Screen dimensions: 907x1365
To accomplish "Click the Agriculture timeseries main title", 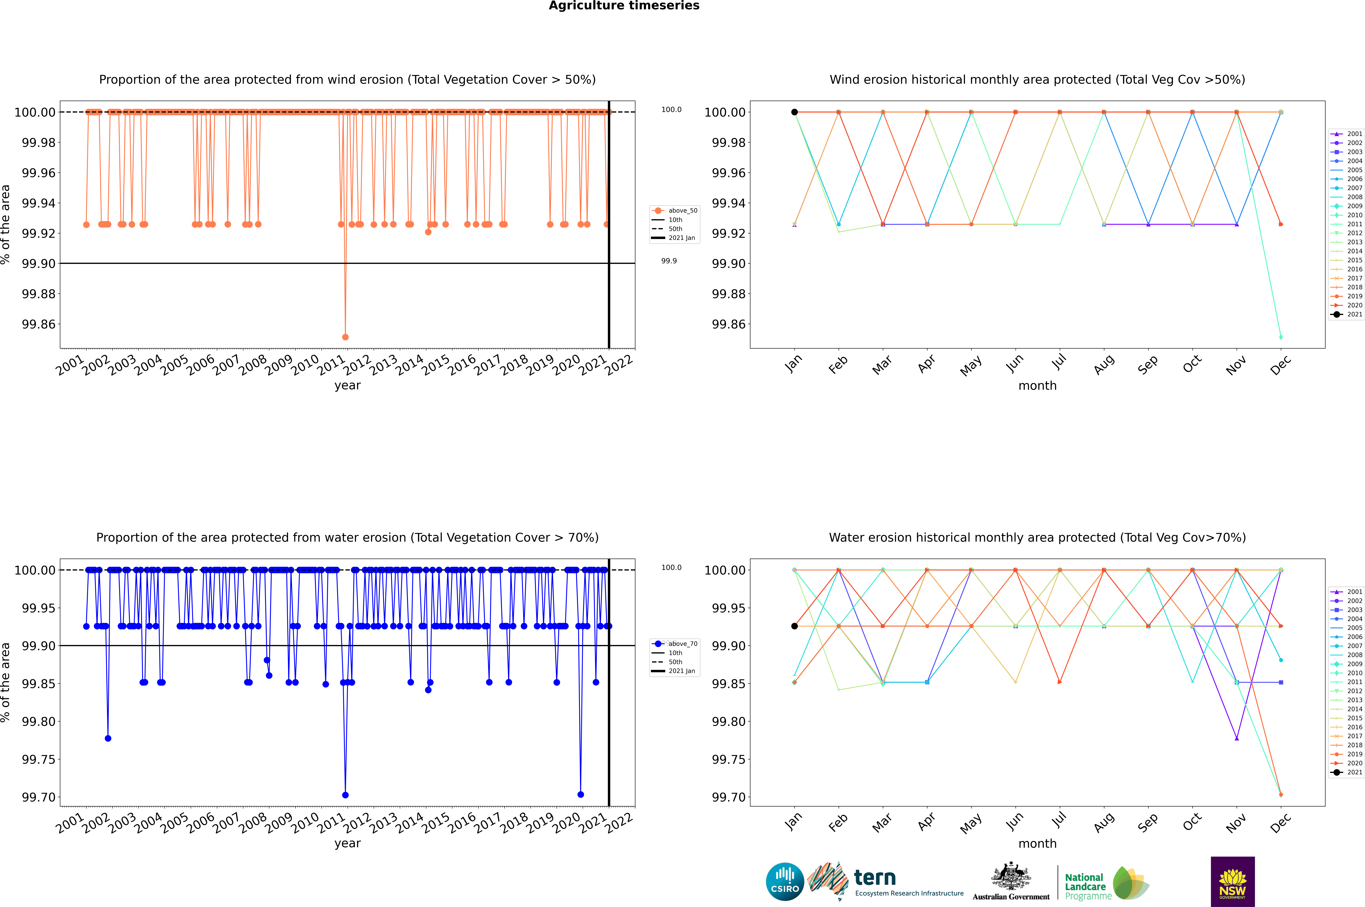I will coord(624,6).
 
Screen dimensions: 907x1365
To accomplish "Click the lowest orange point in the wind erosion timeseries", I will coord(345,337).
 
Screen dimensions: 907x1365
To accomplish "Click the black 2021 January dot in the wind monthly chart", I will coord(795,112).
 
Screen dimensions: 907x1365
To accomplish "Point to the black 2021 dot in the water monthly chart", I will coord(795,626).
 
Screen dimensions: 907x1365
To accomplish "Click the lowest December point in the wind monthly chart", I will coord(1281,337).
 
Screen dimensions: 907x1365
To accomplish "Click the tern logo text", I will coord(875,878).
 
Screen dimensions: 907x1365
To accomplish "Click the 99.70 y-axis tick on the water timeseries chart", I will coord(39,797).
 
